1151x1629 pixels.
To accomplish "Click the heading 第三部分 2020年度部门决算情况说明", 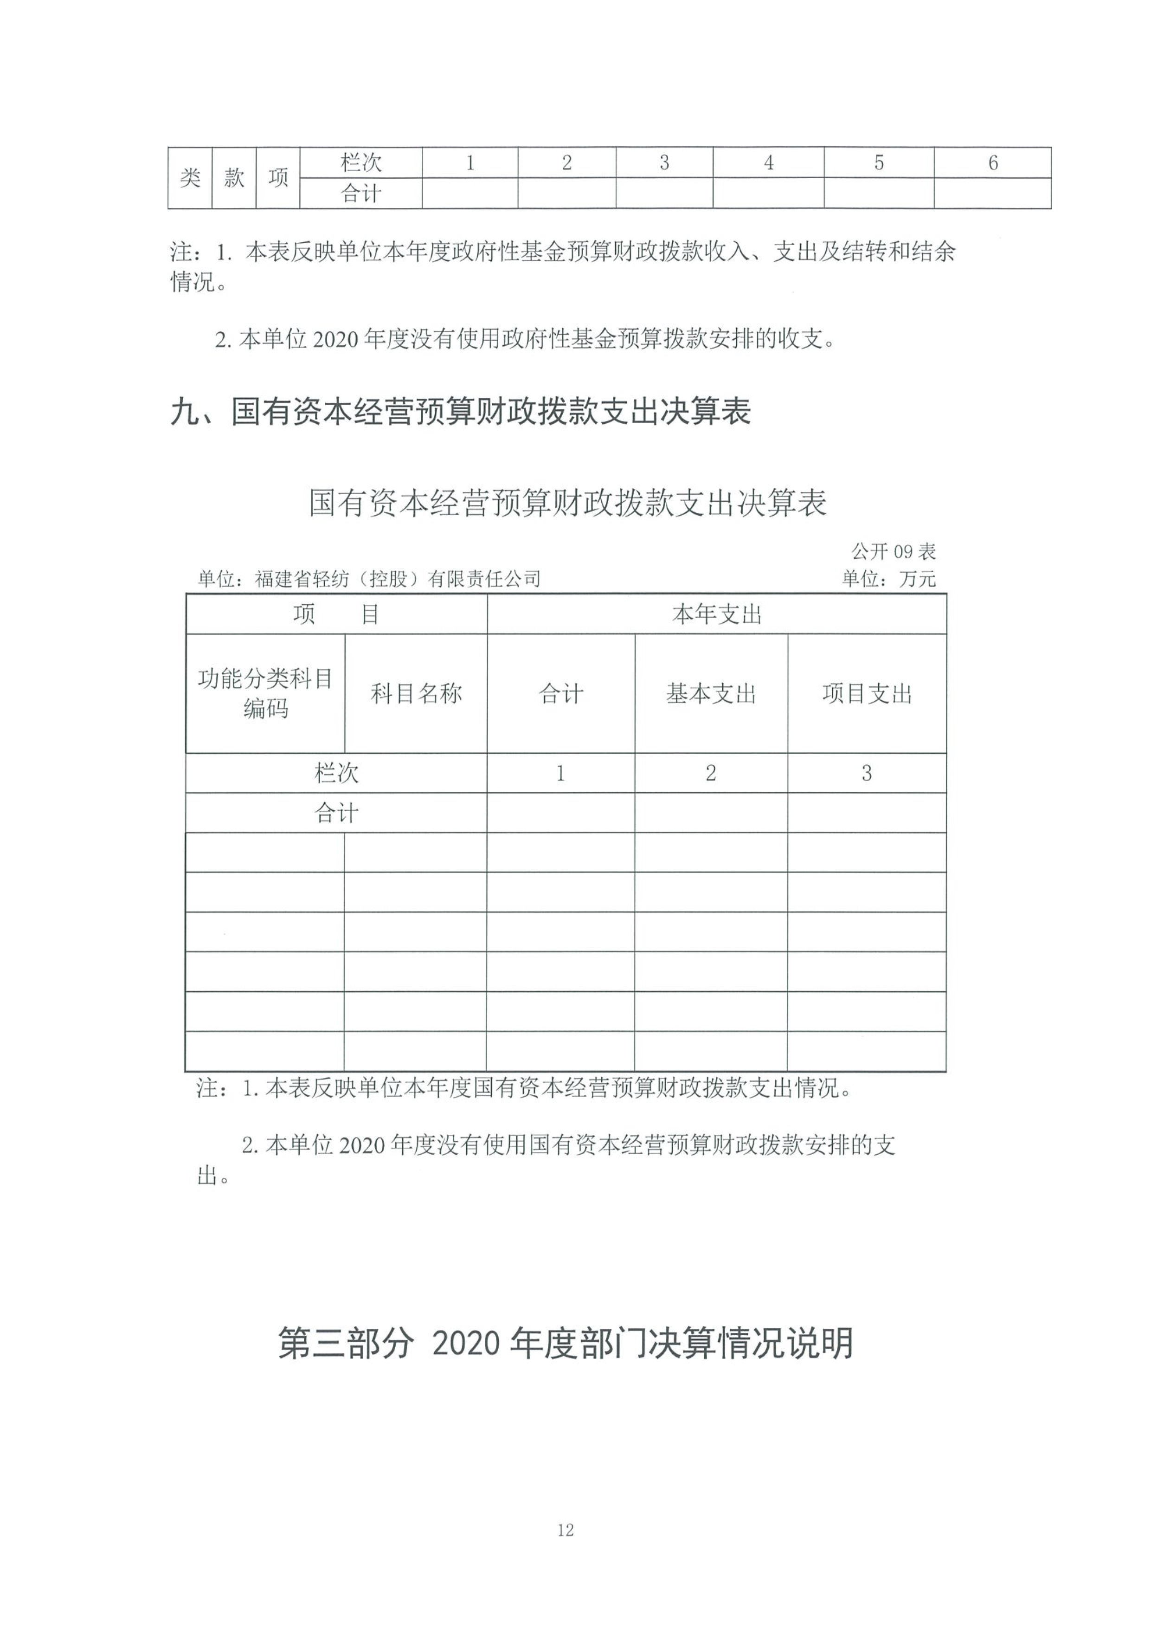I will [565, 1344].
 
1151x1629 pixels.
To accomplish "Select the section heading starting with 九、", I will [461, 412].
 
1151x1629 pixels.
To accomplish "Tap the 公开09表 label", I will [894, 551].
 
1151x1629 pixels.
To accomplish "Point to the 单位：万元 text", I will [888, 579].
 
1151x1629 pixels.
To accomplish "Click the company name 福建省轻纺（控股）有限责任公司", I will [397, 579].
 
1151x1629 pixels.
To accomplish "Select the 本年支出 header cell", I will [716, 614].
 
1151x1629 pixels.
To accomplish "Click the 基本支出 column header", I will [711, 693].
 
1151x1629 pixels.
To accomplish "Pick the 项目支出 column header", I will [867, 693].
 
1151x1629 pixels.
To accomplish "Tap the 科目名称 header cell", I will [416, 693].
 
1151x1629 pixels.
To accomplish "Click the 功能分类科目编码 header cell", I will [265, 693].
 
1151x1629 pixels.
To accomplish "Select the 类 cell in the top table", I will [190, 177].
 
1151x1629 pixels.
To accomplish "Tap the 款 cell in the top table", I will [234, 177].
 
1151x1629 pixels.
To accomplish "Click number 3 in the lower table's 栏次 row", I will [867, 773].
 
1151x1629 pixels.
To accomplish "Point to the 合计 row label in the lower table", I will [336, 812].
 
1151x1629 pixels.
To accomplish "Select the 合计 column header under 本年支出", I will [561, 693].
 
